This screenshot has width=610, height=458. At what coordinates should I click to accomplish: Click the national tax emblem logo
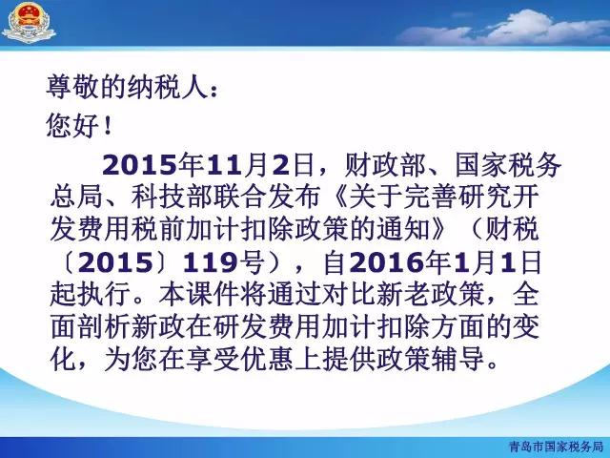29,22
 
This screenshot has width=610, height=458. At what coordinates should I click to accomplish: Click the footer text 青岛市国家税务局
556,446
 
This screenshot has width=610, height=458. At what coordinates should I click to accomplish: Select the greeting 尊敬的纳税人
126,87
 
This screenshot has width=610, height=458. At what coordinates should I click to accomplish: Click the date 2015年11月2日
208,165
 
